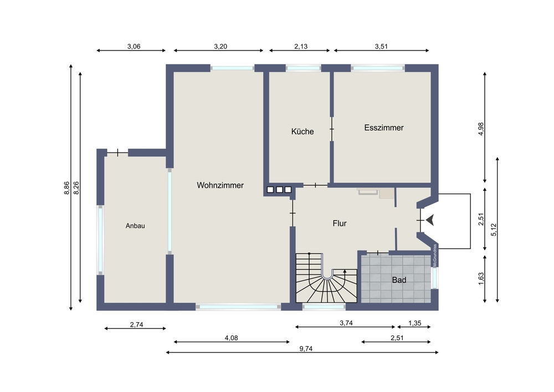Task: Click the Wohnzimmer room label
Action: pyautogui.click(x=220, y=185)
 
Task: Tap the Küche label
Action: pyautogui.click(x=302, y=131)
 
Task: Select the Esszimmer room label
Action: pyautogui.click(x=384, y=128)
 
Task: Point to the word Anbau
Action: pyautogui.click(x=135, y=226)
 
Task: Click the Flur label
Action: pyautogui.click(x=340, y=223)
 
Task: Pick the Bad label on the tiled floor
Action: pyautogui.click(x=399, y=280)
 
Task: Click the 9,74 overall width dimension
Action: pyautogui.click(x=306, y=349)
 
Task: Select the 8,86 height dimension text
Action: pyautogui.click(x=66, y=188)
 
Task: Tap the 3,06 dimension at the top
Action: pyautogui.click(x=134, y=47)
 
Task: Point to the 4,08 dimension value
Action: pyautogui.click(x=232, y=338)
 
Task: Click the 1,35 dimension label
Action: pyautogui.click(x=415, y=323)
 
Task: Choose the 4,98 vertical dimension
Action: pyautogui.click(x=481, y=129)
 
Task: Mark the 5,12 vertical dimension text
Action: pyautogui.click(x=494, y=230)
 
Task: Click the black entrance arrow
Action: pyautogui.click(x=430, y=220)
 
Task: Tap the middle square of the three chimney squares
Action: pyautogui.click(x=279, y=190)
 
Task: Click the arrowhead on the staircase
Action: pyautogui.click(x=345, y=271)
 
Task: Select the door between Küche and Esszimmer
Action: pyautogui.click(x=332, y=129)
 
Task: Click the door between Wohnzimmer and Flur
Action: pyautogui.click(x=293, y=213)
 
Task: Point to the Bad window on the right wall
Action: pyautogui.click(x=434, y=278)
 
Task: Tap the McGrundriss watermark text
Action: pyautogui.click(x=435, y=255)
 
